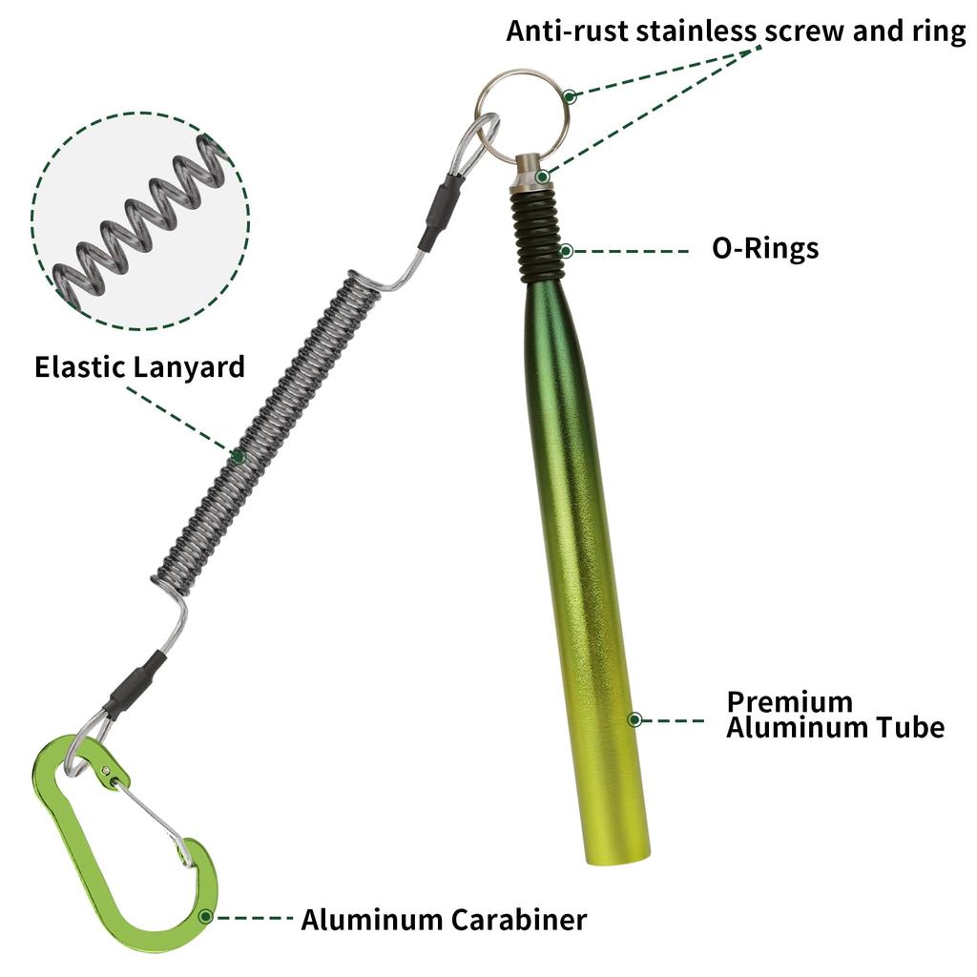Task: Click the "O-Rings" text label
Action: click(x=765, y=249)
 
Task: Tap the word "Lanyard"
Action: click(x=190, y=367)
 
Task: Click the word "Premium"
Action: click(x=789, y=701)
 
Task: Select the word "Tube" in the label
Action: click(x=910, y=728)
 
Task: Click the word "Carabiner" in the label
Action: click(x=518, y=920)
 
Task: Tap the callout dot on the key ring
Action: click(x=569, y=96)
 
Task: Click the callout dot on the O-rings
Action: click(x=566, y=251)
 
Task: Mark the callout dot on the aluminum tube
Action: click(x=634, y=719)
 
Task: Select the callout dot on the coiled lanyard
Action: click(x=238, y=457)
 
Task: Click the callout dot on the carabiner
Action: click(x=205, y=917)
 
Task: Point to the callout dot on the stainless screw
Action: click(x=543, y=177)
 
